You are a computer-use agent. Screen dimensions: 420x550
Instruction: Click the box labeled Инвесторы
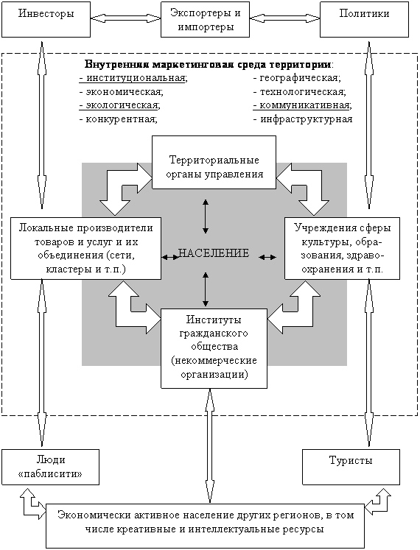46,19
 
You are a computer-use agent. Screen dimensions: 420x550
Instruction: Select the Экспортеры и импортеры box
205,19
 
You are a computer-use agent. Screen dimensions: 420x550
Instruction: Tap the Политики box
364,19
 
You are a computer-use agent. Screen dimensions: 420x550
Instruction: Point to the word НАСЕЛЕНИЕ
214,253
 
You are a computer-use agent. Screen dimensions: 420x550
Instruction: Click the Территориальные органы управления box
214,163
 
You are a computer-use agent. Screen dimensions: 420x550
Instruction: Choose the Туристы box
351,468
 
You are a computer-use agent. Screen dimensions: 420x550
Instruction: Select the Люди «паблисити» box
51,468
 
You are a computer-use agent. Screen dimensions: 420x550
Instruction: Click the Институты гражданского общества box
214,348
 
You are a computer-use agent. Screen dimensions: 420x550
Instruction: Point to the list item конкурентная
119,119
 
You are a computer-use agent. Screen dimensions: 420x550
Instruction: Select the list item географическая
297,78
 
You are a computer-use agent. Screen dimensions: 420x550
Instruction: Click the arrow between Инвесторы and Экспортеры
126,18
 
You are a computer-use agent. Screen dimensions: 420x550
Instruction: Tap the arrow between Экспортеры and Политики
285,18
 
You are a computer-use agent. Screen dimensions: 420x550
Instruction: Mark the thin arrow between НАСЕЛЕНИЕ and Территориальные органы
206,216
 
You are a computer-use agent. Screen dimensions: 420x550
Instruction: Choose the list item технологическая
300,92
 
